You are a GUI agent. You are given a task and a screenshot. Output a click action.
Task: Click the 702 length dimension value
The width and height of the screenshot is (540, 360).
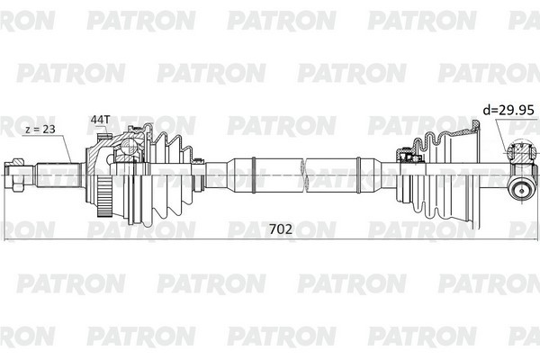coord(280,229)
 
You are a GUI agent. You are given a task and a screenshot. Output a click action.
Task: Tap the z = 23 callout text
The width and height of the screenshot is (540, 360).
coord(40,130)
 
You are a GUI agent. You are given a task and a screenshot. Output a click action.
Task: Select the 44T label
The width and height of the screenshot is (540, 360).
coord(100,120)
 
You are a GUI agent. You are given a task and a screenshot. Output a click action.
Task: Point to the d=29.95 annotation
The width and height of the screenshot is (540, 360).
coord(508,110)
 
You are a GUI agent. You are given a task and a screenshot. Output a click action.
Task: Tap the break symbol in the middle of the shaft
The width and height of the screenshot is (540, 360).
coord(304,175)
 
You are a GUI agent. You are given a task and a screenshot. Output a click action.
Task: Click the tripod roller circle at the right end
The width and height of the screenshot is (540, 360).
coord(521,191)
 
